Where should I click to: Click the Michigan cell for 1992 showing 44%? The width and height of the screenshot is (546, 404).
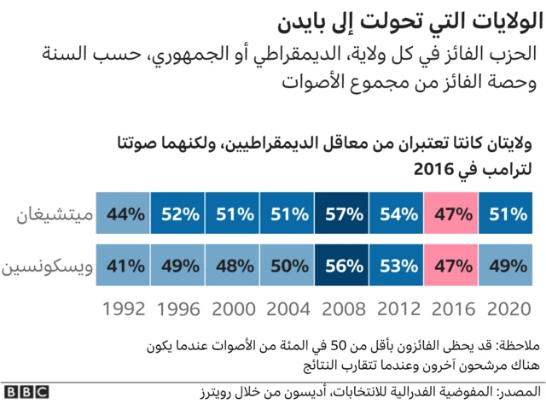(x=125, y=214)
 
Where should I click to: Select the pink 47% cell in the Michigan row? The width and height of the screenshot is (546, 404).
(x=452, y=214)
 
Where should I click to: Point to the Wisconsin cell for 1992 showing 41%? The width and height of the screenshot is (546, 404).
(x=125, y=265)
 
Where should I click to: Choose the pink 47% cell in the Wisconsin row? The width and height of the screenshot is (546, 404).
(x=452, y=265)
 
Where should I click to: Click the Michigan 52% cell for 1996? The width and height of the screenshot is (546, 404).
(x=179, y=214)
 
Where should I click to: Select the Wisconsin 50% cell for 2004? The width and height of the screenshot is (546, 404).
(x=288, y=265)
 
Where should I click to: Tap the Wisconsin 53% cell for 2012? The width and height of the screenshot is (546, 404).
(x=397, y=265)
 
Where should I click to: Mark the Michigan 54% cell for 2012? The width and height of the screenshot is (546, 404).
(x=397, y=214)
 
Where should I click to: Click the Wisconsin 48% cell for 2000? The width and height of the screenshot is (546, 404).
(x=234, y=265)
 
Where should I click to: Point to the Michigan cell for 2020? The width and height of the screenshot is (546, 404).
(x=506, y=214)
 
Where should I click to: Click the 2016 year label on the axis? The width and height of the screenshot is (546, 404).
(x=452, y=309)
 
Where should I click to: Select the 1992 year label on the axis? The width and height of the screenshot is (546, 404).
(x=125, y=309)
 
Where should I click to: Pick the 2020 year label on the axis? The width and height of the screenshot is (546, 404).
(x=506, y=309)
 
